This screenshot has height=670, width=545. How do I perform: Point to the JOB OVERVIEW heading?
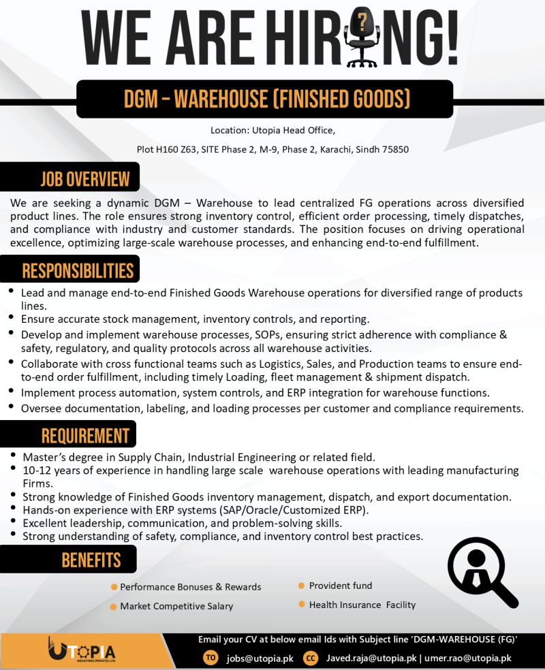coord(84,179)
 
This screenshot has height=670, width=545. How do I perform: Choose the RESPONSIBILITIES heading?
coord(78,270)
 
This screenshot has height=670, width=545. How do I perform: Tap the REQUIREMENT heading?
coord(84,435)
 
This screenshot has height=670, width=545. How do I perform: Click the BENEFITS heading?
coord(91,560)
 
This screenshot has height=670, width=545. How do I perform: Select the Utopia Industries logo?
coord(82,651)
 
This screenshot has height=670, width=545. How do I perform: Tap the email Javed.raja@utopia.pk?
coord(371,658)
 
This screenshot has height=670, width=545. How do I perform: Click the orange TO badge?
coord(211,658)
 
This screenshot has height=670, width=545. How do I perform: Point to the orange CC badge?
coord(311,658)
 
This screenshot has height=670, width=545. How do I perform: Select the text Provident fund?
coord(341,586)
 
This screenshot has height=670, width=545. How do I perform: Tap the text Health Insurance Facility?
coord(362,605)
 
